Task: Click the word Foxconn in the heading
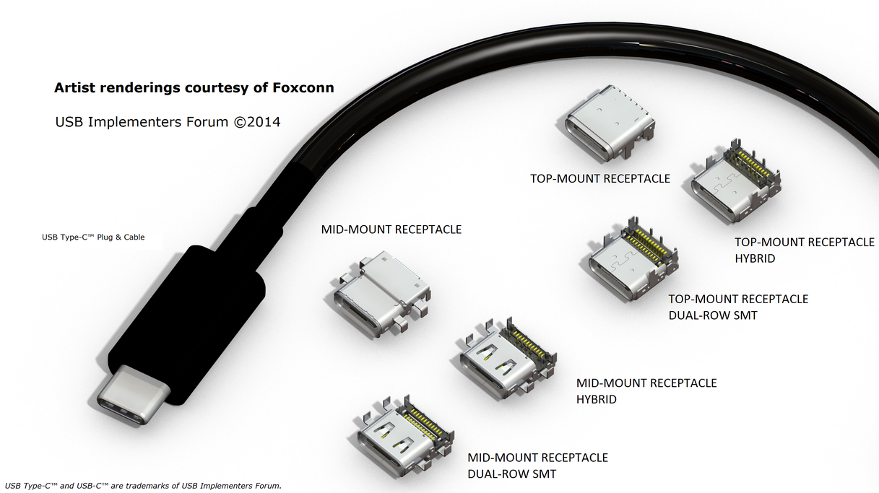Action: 304,88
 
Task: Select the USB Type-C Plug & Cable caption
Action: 93,237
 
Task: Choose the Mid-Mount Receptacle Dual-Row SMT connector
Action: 404,433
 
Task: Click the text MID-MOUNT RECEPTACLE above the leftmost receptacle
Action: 391,230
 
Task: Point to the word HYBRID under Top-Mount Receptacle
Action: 755,258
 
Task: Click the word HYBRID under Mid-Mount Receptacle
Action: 597,398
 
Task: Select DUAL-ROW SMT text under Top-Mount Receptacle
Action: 712,315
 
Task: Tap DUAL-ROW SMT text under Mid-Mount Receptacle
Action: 511,474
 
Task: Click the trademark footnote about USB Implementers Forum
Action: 142,485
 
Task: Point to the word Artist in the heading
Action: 74,88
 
